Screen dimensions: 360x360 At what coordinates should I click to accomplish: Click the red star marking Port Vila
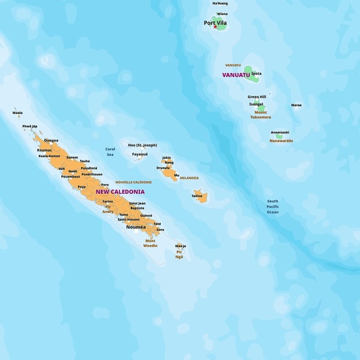[x=215, y=27]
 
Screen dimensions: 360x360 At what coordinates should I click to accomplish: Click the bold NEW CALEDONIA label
[x=120, y=192]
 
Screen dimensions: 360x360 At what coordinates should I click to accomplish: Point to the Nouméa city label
[x=136, y=227]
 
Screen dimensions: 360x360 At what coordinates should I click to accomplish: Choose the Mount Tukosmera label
[x=260, y=115]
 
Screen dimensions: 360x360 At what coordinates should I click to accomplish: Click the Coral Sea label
[x=110, y=152]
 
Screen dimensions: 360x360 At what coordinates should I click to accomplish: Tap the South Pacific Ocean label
[x=273, y=206]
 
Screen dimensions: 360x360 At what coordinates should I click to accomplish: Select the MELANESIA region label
[x=189, y=178]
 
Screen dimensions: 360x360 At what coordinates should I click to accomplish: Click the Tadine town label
[x=197, y=196]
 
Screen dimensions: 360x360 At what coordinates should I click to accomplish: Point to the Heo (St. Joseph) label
[x=143, y=145]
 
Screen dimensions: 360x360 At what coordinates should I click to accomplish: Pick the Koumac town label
[x=44, y=150]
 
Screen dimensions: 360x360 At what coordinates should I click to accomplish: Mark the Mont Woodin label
[x=151, y=243]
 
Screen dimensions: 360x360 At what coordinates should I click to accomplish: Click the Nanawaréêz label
[x=281, y=140]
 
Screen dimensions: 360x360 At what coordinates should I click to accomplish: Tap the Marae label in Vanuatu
[x=296, y=105]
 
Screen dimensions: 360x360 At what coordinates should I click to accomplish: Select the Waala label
[x=17, y=112]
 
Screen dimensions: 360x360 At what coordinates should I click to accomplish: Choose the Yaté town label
[x=157, y=223]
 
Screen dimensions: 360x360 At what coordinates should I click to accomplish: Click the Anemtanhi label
[x=280, y=132]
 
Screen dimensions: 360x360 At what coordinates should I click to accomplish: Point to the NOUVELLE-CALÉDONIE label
[x=133, y=182]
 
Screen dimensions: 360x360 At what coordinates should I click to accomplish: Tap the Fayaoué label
[x=140, y=154]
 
